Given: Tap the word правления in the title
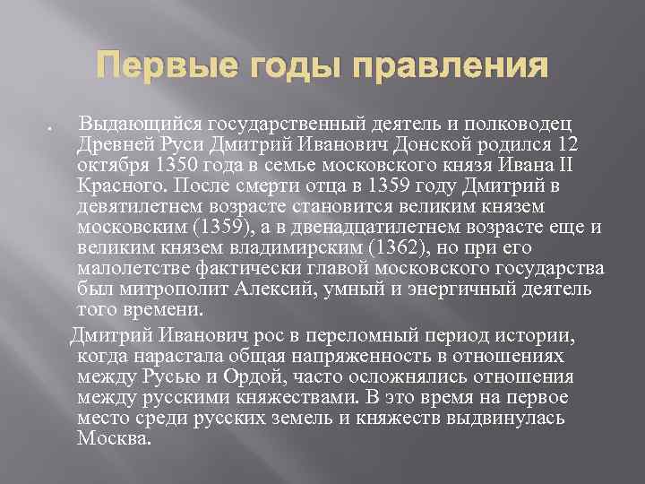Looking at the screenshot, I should click(450, 67).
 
